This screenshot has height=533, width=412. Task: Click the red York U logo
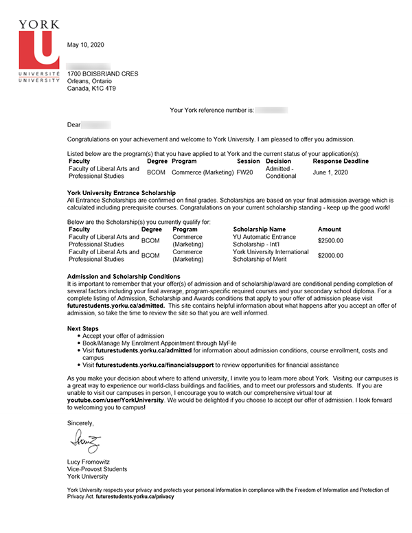38,48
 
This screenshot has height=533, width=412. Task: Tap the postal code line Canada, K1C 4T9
92,89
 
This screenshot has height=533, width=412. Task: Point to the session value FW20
245,172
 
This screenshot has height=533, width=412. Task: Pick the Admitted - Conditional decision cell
281,172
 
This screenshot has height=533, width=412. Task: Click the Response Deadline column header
341,161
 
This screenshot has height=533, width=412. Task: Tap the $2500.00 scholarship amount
330,241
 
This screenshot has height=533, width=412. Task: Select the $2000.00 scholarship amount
330,256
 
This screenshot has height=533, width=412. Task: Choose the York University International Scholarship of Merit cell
271,256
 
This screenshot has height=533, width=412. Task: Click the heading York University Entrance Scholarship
122,192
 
